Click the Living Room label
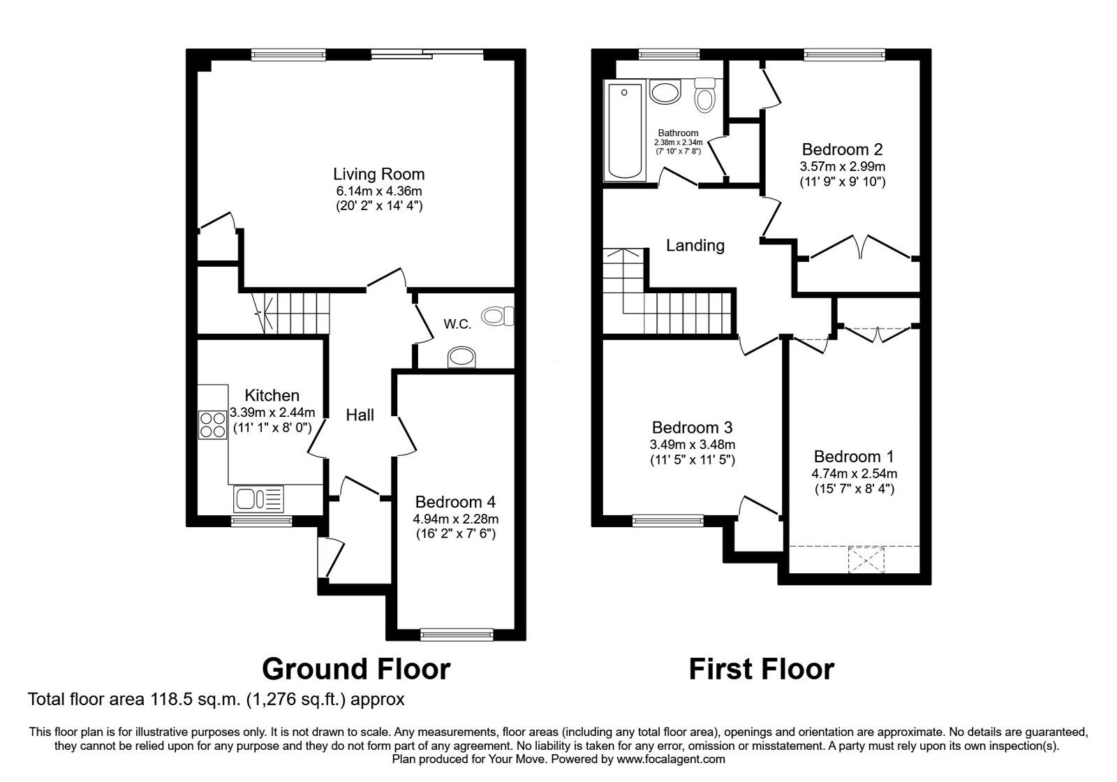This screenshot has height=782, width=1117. tap(378, 174)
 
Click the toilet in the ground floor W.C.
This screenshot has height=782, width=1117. tap(498, 316)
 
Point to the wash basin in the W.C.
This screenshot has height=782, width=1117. tap(461, 357)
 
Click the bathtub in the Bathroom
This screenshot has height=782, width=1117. tap(624, 131)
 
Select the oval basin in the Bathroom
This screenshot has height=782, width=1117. tap(665, 92)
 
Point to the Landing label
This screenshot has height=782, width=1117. tap(695, 245)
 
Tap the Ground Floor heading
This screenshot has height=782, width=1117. tap(356, 669)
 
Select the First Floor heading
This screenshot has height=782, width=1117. tap(761, 669)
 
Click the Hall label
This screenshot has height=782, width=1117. tap(360, 415)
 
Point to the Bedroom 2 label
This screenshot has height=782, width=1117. tap(842, 149)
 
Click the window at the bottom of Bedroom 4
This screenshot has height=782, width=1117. tap(457, 634)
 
